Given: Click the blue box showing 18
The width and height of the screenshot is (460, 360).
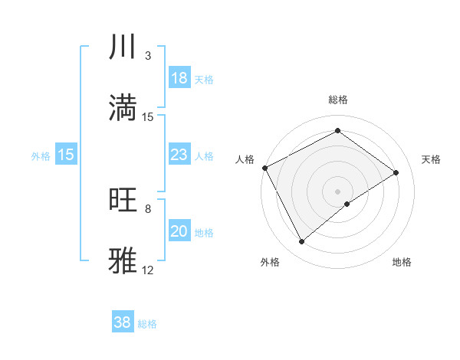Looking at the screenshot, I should (x=179, y=78).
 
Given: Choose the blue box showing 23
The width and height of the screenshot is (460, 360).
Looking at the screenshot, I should (x=179, y=155).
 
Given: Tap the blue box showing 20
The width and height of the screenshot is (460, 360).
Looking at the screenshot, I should (x=179, y=231).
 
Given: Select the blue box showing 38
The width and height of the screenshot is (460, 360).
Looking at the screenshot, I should (x=123, y=322).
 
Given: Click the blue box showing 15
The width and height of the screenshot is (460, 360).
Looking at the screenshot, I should (x=66, y=155).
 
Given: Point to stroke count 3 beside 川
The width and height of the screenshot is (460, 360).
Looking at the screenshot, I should (x=148, y=56).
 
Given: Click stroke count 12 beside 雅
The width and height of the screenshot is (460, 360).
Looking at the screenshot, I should (x=148, y=270).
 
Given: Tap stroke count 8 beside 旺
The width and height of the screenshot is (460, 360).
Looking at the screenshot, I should (x=148, y=208).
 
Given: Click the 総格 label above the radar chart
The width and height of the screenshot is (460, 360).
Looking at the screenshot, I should (x=338, y=100).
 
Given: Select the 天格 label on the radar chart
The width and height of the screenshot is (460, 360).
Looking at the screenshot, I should (x=432, y=159).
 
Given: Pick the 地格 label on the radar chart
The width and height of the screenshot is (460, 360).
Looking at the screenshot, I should (x=402, y=262).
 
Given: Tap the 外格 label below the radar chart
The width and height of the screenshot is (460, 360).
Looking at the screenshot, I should (x=270, y=262).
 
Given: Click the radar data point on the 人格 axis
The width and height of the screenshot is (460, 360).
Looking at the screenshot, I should (x=264, y=168).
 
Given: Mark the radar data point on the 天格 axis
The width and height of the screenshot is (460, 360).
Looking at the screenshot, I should (x=396, y=172).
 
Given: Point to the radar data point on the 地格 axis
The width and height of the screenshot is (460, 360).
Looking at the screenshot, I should (x=347, y=204).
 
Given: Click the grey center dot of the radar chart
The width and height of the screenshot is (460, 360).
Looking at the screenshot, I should (x=338, y=191).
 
